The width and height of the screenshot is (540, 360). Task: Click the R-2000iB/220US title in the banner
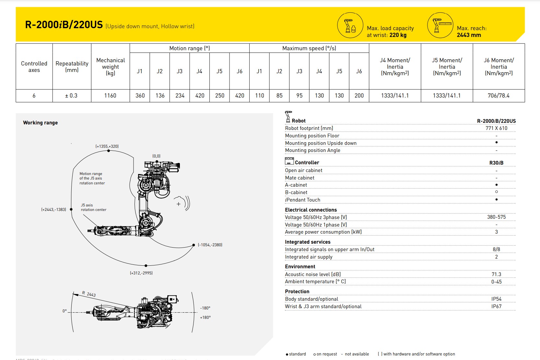(64, 25)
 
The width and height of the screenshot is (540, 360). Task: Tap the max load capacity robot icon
(349, 25)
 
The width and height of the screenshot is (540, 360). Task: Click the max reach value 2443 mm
(469, 35)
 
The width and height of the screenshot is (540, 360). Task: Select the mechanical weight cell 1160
(110, 96)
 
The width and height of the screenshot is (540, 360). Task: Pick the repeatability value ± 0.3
(71, 96)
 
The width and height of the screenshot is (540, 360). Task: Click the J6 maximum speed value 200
(359, 96)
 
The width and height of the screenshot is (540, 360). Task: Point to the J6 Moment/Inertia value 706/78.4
(499, 96)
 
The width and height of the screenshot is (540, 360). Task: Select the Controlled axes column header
(34, 67)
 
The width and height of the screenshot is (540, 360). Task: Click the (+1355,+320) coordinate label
(107, 146)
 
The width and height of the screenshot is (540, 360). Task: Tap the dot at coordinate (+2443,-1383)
(71, 209)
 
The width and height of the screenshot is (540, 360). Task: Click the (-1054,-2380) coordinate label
(210, 245)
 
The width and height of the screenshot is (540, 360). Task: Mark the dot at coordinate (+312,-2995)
(146, 266)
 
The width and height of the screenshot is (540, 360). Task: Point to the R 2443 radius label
(89, 294)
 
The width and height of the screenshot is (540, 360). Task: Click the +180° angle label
(205, 318)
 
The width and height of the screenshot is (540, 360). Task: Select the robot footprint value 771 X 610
(496, 128)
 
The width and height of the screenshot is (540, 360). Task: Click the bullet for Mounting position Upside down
(496, 143)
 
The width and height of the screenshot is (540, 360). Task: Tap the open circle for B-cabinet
(496, 192)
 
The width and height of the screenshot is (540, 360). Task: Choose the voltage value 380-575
(496, 217)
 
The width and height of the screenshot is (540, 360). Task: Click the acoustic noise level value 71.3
(496, 274)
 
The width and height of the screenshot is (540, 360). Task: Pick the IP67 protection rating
(496, 306)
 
